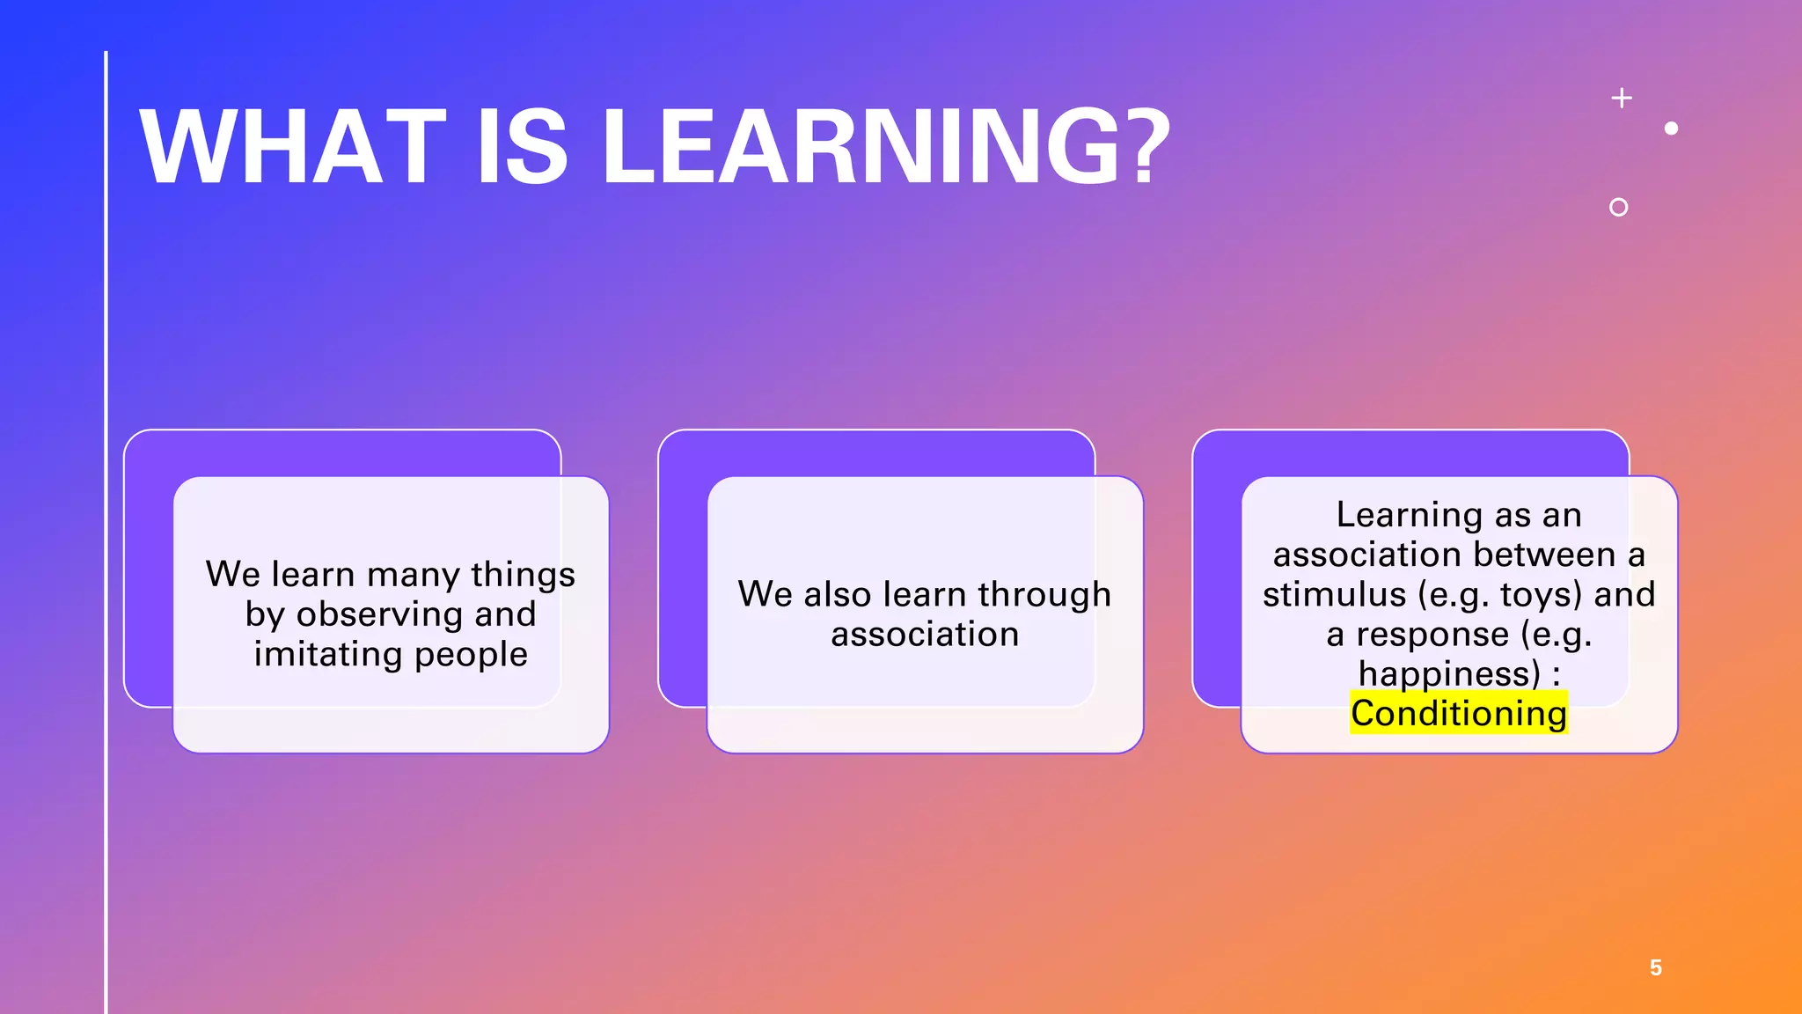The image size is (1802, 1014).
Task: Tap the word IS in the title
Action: pyautogui.click(x=523, y=147)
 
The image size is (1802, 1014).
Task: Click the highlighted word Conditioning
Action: pyautogui.click(x=1459, y=713)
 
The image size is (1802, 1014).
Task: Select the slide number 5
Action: pyautogui.click(x=1655, y=968)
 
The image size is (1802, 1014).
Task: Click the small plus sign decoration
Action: pyautogui.click(x=1622, y=98)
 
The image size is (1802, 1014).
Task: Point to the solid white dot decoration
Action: pyautogui.click(x=1671, y=129)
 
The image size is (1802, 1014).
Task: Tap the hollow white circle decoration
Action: pyautogui.click(x=1618, y=207)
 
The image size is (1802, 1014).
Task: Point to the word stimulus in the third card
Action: pyautogui.click(x=1334, y=594)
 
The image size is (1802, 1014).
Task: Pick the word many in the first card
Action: pyautogui.click(x=413, y=575)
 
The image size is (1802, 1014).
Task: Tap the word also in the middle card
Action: pyautogui.click(x=838, y=594)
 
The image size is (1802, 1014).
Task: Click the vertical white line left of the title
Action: pyautogui.click(x=106, y=528)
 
